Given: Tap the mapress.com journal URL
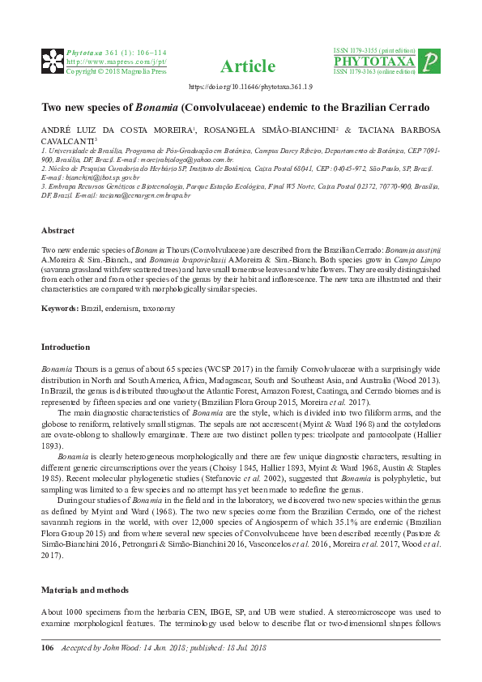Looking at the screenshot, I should pos(116,61).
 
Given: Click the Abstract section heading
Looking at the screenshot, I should pos(58,230).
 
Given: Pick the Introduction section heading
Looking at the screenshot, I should pos(65,347).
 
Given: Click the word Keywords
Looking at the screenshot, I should pos(59,309).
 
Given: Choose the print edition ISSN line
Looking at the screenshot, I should pos(374,50).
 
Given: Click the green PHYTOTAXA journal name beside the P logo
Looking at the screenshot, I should pos(374,62).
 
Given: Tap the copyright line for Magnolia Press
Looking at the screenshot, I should pos(116,71).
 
